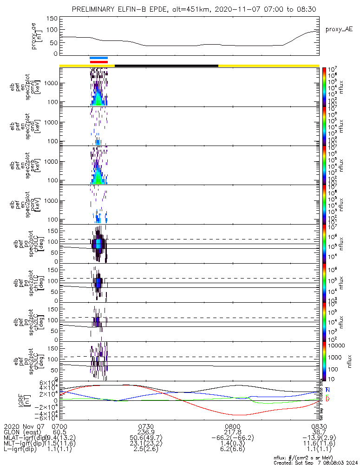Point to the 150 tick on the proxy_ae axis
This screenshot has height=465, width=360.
pyautogui.click(x=52, y=18)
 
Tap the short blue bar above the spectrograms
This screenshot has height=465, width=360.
pyautogui.click(x=98, y=58)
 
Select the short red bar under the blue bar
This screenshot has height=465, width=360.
pyautogui.click(x=98, y=61)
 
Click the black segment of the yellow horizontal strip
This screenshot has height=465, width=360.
pyautogui.click(x=166, y=66)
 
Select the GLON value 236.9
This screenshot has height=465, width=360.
pyautogui.click(x=146, y=432)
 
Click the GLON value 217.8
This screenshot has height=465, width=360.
pyautogui.click(x=232, y=432)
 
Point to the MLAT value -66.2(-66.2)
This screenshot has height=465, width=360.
pyautogui.click(x=232, y=438)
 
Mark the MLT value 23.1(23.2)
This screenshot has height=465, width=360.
pyautogui.click(x=146, y=445)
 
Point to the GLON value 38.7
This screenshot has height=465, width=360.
pyautogui.click(x=319, y=432)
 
